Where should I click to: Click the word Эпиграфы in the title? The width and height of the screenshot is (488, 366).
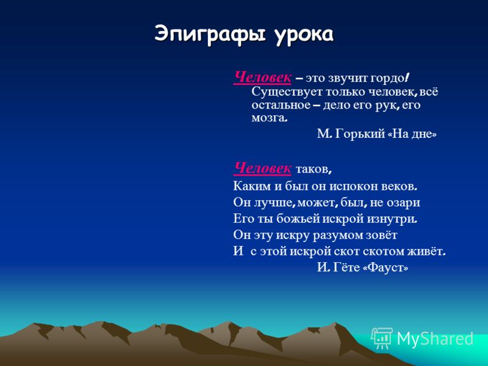[x=210, y=34]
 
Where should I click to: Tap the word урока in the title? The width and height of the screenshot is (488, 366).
[x=303, y=35]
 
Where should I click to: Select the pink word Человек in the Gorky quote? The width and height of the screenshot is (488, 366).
[x=262, y=77]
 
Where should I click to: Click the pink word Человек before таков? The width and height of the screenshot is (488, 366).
[x=262, y=169]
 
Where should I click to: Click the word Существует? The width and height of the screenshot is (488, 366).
[x=287, y=92]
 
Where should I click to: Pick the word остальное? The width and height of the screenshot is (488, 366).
[x=281, y=105]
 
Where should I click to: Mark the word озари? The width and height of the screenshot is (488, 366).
[x=403, y=203]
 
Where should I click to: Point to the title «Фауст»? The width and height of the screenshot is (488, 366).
[x=386, y=267]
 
